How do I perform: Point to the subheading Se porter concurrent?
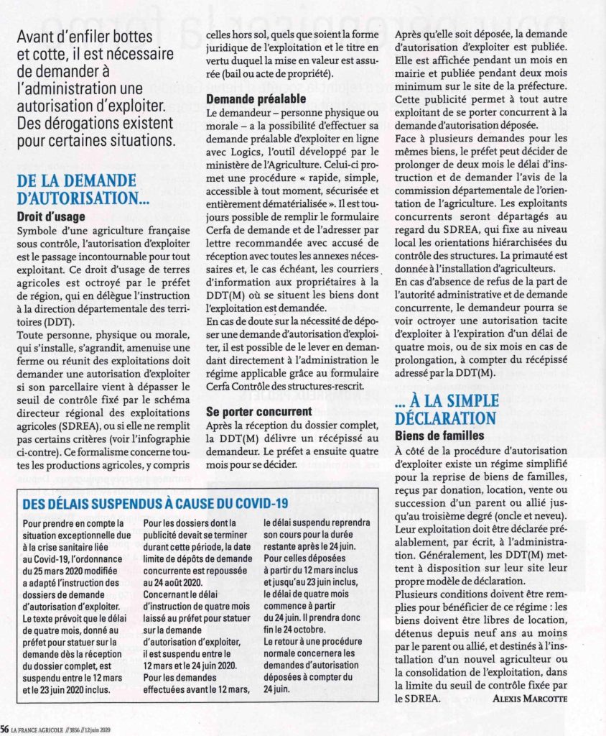(258, 412)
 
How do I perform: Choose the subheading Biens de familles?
(439, 436)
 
